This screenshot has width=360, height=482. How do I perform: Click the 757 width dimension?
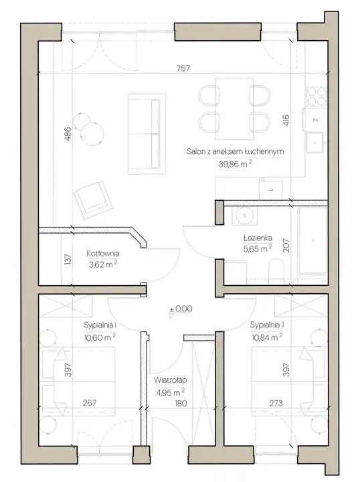click(x=183, y=68)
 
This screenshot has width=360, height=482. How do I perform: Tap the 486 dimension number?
click(x=68, y=134)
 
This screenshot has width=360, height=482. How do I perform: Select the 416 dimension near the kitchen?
click(x=286, y=120)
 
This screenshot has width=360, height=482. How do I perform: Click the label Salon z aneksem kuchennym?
click(x=235, y=151)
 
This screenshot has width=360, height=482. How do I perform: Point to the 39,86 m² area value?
click(x=235, y=164)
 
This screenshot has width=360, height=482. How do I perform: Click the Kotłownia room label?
click(x=103, y=254)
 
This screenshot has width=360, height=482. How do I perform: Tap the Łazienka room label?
click(x=258, y=238)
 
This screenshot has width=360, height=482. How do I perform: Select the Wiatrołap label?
click(x=170, y=380)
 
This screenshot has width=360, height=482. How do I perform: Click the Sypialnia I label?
click(x=100, y=325)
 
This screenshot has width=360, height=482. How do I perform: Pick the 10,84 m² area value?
click(x=267, y=337)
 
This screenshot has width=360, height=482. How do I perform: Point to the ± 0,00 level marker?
click(x=181, y=309)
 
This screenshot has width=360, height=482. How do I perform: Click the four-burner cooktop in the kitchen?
click(x=317, y=96)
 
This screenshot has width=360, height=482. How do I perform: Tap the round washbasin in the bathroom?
click(x=245, y=215)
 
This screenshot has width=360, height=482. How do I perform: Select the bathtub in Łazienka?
click(x=312, y=240)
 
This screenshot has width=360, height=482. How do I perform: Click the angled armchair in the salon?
click(x=93, y=200)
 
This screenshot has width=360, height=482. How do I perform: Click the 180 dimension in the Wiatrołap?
click(x=181, y=403)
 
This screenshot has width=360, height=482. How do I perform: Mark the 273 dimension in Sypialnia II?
click(x=276, y=403)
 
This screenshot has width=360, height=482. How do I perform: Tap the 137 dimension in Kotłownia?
click(x=68, y=259)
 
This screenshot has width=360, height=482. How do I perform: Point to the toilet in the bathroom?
click(x=276, y=271)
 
